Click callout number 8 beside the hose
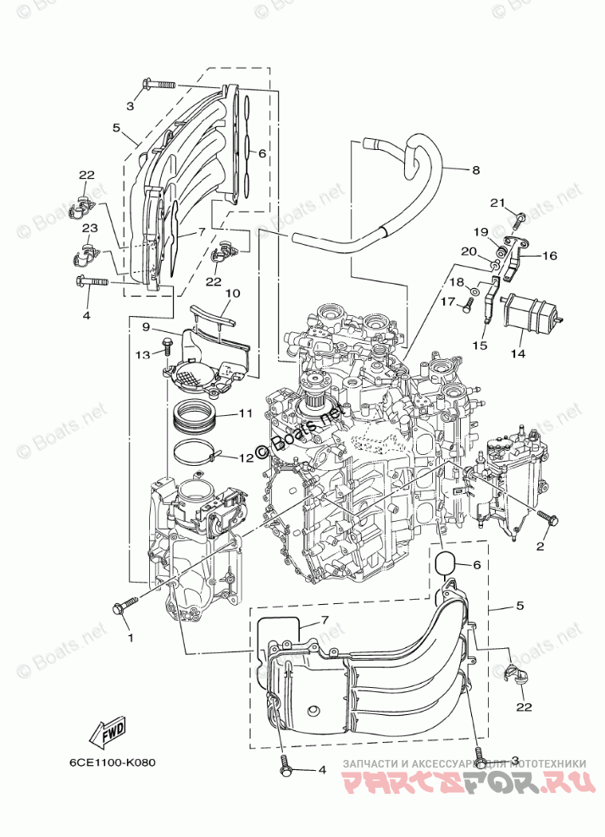(475, 170)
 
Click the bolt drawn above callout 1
(125, 607)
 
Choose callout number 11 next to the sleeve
(246, 413)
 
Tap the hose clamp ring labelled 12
(196, 452)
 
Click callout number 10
(232, 293)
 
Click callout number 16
(549, 254)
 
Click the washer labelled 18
(475, 291)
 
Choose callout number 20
(469, 251)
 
